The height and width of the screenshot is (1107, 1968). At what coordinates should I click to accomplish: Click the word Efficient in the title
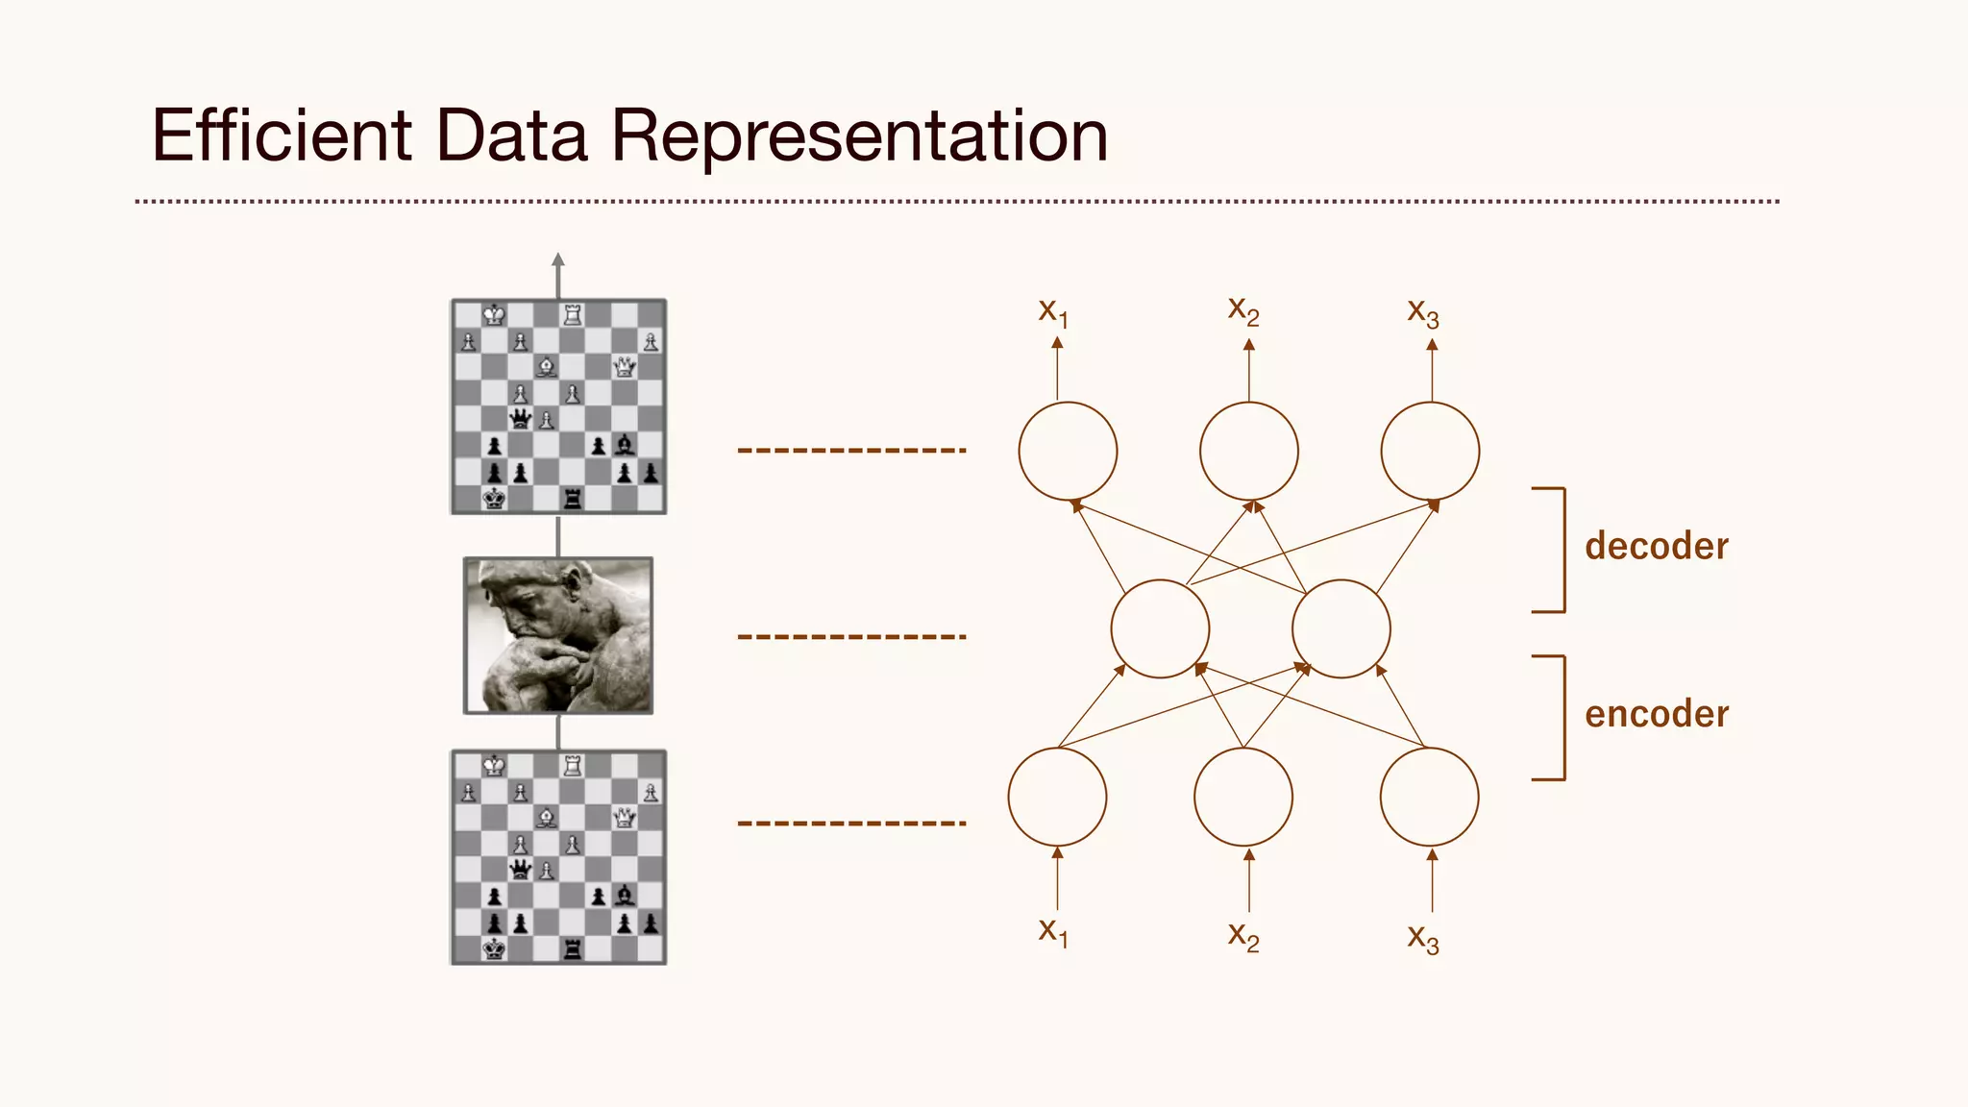tap(282, 135)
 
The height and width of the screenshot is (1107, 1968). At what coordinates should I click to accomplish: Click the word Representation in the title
tap(859, 135)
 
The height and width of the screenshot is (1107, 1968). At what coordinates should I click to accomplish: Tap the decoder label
tap(1656, 546)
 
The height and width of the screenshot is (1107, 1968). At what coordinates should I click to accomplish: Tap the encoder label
tap(1656, 714)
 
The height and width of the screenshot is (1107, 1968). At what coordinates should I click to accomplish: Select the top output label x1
tap(1053, 312)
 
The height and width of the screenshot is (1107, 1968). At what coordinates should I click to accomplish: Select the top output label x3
tap(1423, 312)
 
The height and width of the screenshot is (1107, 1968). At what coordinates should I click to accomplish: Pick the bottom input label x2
tap(1243, 935)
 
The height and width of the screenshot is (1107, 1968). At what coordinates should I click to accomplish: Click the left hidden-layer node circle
tap(1160, 628)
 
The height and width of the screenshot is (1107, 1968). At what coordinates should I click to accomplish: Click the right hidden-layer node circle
tap(1341, 628)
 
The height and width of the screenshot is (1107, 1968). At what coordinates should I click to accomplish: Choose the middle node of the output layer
tap(1248, 451)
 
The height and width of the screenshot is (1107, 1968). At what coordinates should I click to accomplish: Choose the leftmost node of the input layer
tap(1057, 797)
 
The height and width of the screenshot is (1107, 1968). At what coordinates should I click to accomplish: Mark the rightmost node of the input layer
tap(1429, 797)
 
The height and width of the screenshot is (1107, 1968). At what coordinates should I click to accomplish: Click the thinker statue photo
tap(558, 635)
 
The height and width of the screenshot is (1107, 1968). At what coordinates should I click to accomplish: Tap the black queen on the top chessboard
tap(521, 418)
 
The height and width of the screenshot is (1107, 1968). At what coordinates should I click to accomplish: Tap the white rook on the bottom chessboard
tap(573, 765)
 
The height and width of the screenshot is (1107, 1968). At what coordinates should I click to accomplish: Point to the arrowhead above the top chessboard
tap(558, 259)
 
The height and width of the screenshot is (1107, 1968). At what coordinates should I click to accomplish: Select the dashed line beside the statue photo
tap(851, 636)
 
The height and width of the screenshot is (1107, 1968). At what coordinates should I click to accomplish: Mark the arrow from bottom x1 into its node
tap(1057, 878)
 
